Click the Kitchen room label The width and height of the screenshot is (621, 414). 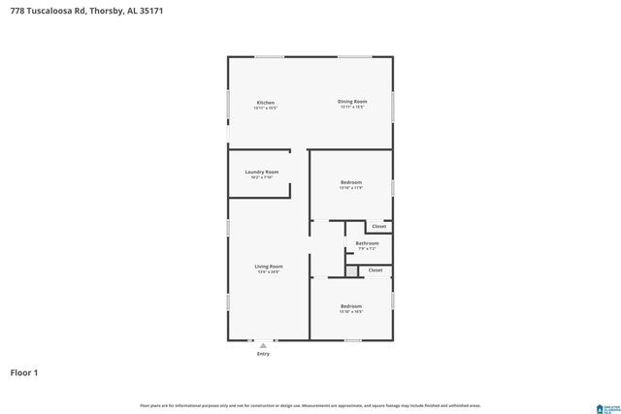[265, 102]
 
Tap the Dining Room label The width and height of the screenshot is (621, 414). [351, 101]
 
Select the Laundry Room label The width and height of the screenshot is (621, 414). [261, 172]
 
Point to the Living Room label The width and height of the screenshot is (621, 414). [268, 266]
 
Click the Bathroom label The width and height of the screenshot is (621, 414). [367, 243]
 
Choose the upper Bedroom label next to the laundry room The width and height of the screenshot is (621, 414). [350, 182]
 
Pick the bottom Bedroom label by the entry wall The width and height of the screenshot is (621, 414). [350, 305]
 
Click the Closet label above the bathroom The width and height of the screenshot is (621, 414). [378, 226]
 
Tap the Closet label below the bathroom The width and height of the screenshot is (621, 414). [375, 271]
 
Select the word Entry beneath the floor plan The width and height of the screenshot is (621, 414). [263, 354]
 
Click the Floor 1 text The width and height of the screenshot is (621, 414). [25, 371]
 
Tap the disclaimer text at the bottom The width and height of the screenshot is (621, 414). [310, 405]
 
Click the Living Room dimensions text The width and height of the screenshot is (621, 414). [268, 272]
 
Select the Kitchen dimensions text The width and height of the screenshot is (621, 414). [265, 108]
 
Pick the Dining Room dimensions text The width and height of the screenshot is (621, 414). [351, 107]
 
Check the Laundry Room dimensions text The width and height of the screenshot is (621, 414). [261, 177]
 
